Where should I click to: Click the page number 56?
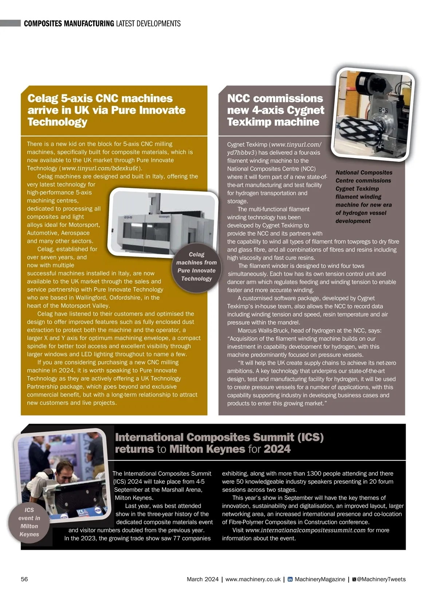pyautogui.click(x=24, y=579)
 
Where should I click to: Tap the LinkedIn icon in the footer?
pyautogui.click(x=290, y=579)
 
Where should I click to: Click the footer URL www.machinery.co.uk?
pyautogui.click(x=253, y=579)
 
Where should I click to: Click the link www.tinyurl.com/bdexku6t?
pyautogui.click(x=100, y=168)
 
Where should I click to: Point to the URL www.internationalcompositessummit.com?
pyautogui.click(x=305, y=530)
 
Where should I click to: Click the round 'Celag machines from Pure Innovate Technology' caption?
pyautogui.click(x=197, y=267)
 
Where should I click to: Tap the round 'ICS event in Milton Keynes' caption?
pyautogui.click(x=29, y=522)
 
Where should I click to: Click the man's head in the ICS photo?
pyautogui.click(x=66, y=470)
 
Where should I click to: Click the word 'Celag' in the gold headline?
pyautogui.click(x=42, y=98)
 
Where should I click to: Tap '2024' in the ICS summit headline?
pyautogui.click(x=277, y=449)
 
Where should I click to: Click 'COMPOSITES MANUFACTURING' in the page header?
pyautogui.click(x=69, y=24)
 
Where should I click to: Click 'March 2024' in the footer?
pyautogui.click(x=202, y=579)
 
